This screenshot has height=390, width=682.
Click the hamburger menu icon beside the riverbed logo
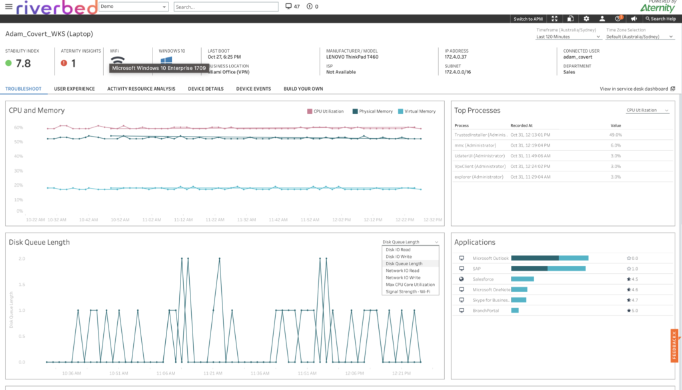(9, 7)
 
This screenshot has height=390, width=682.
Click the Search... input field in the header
(226, 7)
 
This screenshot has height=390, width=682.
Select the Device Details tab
(206, 89)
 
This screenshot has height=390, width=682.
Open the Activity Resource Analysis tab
(141, 89)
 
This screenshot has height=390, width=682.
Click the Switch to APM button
(528, 19)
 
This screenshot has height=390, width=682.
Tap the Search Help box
(660, 19)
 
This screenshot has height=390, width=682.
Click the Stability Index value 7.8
(23, 63)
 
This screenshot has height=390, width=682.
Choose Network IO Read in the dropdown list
(402, 271)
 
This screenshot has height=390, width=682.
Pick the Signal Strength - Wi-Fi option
(408, 291)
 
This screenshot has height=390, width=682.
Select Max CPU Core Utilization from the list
(410, 285)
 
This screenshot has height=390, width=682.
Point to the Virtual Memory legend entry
(416, 111)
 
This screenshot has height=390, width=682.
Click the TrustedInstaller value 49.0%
(615, 135)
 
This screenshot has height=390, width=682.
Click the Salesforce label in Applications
(484, 279)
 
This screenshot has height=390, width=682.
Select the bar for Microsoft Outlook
(549, 258)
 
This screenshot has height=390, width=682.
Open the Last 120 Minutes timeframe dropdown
(567, 37)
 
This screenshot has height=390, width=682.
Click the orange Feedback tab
(674, 345)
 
